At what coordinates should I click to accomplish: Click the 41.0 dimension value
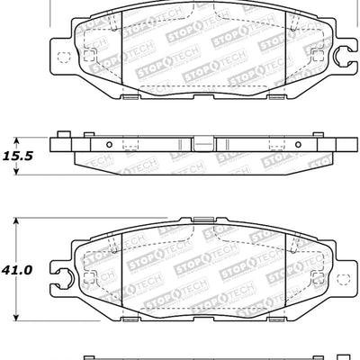coord(22,269)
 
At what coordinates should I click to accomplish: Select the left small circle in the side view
coord(108,144)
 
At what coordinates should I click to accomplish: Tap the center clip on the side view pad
coord(204,143)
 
